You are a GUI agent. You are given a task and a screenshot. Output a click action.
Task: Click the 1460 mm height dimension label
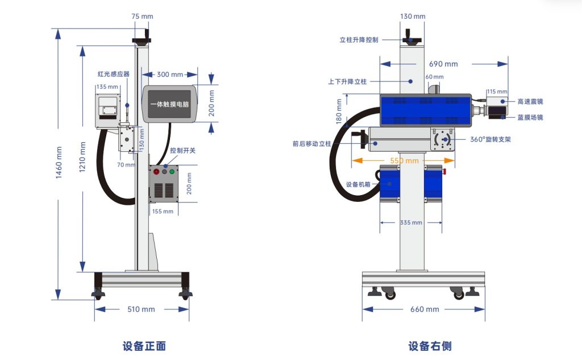[59, 163]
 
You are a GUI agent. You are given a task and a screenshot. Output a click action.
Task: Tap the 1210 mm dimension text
[82, 157]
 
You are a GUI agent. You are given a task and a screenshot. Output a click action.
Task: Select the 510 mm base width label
[141, 309]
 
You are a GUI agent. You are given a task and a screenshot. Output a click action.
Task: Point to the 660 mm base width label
[425, 309]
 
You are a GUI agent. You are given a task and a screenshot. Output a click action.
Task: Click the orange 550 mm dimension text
[404, 160]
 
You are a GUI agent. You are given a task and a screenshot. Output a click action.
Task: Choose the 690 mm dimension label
[443, 64]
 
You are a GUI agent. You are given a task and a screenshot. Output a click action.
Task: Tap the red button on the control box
[156, 172]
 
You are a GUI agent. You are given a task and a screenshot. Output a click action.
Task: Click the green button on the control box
[172, 172]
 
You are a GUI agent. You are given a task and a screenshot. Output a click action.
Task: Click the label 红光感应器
[114, 74]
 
